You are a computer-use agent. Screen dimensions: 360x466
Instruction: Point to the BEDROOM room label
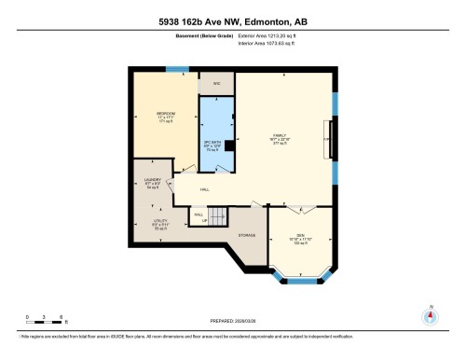[167, 114]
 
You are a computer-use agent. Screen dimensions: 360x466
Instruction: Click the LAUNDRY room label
[154, 180]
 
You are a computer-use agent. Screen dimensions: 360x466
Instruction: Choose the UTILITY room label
[159, 221]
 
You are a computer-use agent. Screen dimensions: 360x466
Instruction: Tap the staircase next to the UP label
[216, 217]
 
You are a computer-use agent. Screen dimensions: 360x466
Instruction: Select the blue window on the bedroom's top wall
[176, 68]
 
